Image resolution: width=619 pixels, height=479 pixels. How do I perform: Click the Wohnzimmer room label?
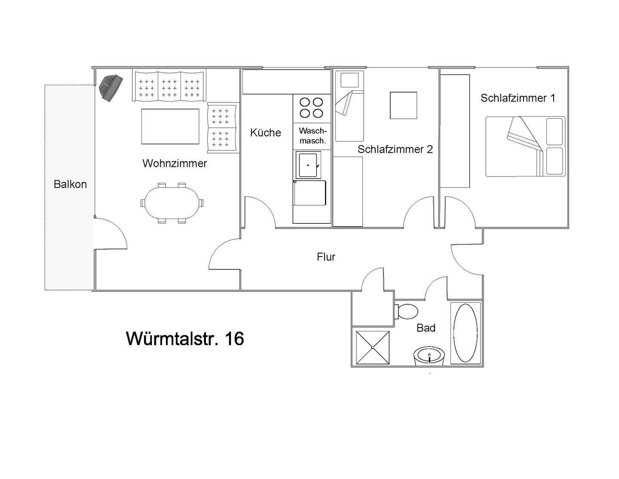pos(175,164)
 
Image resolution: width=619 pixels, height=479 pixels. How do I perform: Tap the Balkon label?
pos(70,184)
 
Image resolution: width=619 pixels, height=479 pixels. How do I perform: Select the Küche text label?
pos(265,133)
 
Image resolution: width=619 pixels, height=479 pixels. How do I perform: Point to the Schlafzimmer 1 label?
pos(518,98)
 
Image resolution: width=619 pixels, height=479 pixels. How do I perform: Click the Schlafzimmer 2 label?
pos(395,149)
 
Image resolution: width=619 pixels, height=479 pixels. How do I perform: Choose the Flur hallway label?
pos(326,257)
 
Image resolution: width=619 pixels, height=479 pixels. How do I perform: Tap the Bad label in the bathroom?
pos(426,328)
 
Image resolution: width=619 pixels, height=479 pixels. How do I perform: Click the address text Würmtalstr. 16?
pos(185,339)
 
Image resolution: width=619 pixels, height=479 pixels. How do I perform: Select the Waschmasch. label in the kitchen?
pos(313,136)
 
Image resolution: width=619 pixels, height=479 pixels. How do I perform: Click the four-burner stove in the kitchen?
pos(312,108)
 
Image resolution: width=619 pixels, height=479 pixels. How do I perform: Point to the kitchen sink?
pos(307,165)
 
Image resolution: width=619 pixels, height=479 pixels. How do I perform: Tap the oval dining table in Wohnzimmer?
pos(172,203)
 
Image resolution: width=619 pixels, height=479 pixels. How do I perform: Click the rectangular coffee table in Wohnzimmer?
pos(170,127)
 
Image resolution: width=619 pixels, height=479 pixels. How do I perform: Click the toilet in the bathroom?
pos(407,311)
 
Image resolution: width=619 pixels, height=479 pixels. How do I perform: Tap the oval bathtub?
pos(466,333)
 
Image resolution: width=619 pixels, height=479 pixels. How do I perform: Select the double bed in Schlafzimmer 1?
pos(525,146)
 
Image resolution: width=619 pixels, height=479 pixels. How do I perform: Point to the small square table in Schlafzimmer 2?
pos(403,105)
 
